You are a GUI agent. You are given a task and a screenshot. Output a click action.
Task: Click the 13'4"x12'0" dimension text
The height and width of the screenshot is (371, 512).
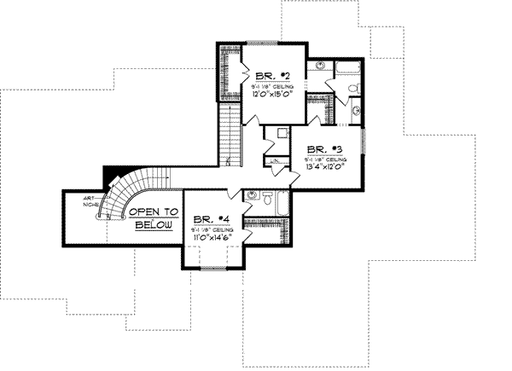[325, 168]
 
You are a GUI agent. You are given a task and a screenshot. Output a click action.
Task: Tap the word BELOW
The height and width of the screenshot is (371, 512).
[154, 225]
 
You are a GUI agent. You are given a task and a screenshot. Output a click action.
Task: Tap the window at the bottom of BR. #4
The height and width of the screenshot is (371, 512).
[213, 267]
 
